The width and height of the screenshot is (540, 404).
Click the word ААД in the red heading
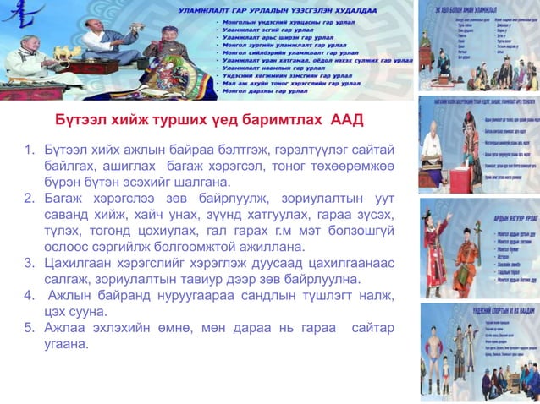tap(345, 119)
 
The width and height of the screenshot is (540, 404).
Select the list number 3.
tap(27, 263)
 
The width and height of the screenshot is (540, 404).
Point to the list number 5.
tap(27, 328)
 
